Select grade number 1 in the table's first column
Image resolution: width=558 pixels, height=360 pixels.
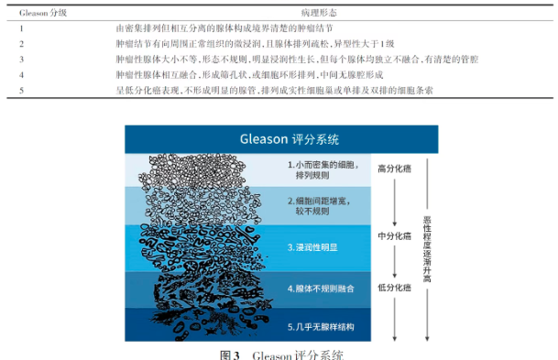21,29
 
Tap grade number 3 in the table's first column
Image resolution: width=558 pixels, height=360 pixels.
21,58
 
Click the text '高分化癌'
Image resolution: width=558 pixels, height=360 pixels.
394,169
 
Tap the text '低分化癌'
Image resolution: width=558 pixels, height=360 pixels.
394,288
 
